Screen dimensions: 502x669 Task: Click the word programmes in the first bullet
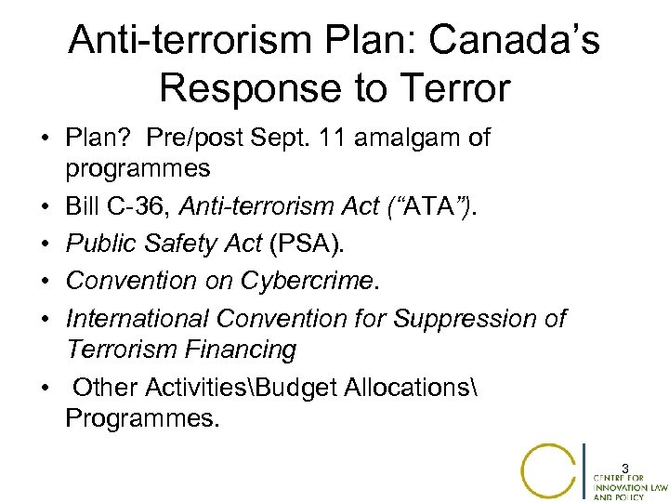click(138, 169)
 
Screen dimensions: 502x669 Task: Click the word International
click(138, 319)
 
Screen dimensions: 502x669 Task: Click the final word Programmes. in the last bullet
click(143, 417)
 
